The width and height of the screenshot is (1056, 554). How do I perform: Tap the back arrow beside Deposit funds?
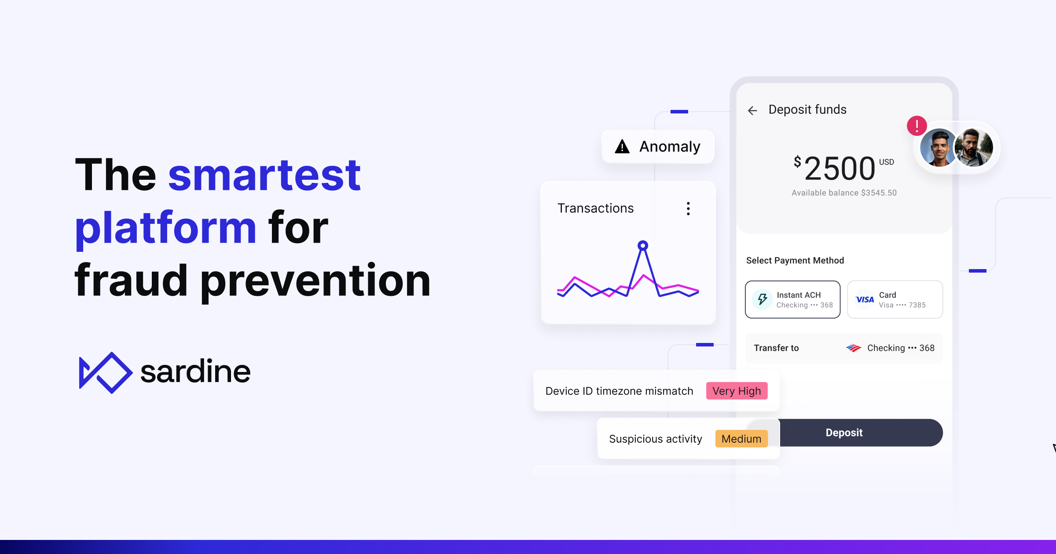(752, 110)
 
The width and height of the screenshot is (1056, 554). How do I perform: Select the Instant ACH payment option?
(792, 299)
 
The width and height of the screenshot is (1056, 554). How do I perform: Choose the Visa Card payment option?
(895, 299)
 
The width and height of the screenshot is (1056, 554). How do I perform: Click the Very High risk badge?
(737, 391)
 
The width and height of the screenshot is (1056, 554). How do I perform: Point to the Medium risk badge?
(741, 439)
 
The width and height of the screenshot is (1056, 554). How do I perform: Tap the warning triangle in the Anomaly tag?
(622, 146)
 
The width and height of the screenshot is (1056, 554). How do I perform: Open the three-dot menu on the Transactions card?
(688, 208)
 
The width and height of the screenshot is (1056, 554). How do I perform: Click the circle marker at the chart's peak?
(643, 245)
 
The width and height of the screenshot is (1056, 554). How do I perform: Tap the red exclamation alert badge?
(917, 126)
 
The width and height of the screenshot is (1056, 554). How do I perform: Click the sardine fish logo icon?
(105, 372)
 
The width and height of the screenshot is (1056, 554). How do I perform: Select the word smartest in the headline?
(264, 175)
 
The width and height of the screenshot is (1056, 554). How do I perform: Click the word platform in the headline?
(165, 228)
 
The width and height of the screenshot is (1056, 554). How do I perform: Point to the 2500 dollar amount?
(840, 169)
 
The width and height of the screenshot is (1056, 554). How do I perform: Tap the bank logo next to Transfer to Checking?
(854, 348)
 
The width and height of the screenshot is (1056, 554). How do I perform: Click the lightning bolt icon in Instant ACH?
(763, 299)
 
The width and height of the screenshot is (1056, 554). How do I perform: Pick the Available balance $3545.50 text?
(844, 193)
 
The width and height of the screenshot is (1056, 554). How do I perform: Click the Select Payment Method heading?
(795, 260)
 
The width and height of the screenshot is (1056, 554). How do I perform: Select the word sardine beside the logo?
(195, 372)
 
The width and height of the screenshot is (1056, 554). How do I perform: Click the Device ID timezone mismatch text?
(619, 391)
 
